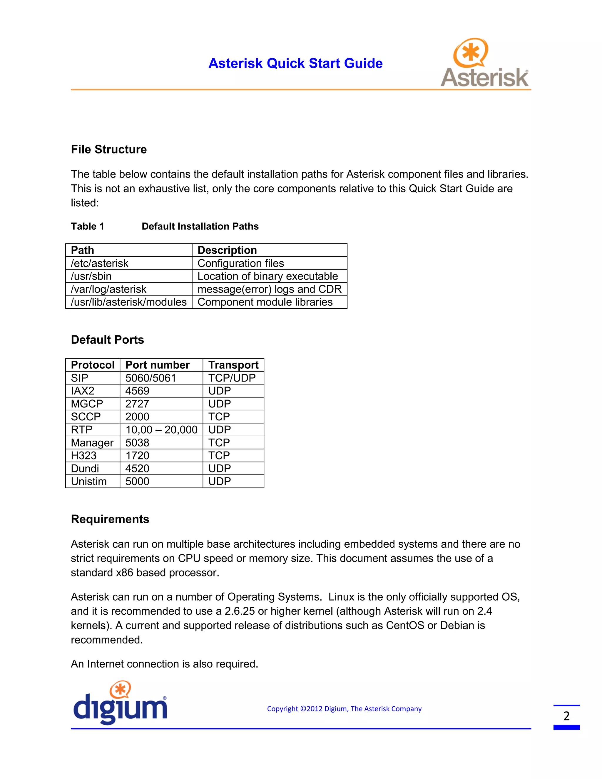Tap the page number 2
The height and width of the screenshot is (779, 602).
tap(566, 716)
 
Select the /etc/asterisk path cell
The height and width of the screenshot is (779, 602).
tap(100, 263)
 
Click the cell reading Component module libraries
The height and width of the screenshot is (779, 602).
tap(265, 302)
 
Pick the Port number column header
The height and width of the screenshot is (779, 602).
tap(158, 365)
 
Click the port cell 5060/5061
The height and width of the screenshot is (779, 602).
tap(151, 378)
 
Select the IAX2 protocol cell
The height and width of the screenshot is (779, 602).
tap(83, 391)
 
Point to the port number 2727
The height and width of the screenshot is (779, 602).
tap(137, 404)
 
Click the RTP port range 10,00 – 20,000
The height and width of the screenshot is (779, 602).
tap(161, 430)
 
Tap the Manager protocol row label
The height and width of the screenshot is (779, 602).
tap(92, 443)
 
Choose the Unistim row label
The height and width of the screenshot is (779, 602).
tap(89, 482)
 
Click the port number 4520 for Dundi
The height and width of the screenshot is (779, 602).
tap(137, 469)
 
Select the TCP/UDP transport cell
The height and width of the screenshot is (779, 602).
tap(232, 378)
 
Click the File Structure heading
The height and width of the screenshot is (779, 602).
tap(109, 149)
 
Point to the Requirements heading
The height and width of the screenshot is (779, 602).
tap(110, 519)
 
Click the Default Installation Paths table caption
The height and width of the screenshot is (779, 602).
tap(200, 226)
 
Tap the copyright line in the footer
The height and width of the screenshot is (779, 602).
tap(344, 709)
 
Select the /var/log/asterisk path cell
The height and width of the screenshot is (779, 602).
tap(109, 289)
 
